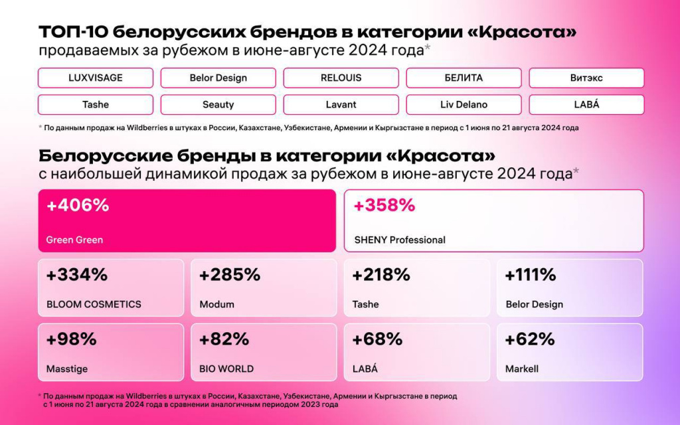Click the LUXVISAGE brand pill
tap(96, 78)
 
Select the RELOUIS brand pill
tap(341, 78)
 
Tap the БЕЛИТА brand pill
tap(464, 78)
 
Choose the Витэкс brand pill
tap(586, 78)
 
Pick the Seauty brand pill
tap(218, 104)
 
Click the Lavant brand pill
tap(341, 104)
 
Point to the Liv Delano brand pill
tap(464, 104)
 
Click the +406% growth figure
tap(78, 206)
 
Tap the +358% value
tap(384, 206)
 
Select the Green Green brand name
tap(74, 240)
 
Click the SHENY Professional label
tap(399, 240)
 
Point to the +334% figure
tap(77, 275)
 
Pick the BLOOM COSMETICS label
tap(94, 304)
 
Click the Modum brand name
tap(216, 304)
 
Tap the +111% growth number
tap(531, 275)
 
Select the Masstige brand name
tap(67, 369)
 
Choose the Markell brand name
tap(522, 369)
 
